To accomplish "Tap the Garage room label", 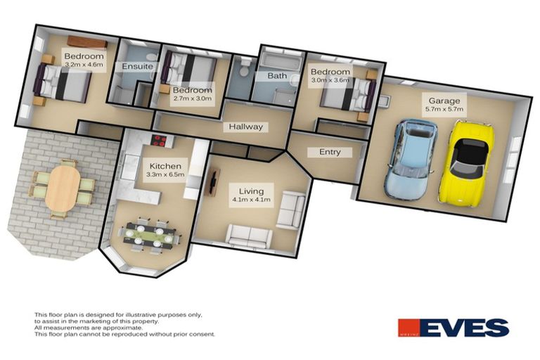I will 444,101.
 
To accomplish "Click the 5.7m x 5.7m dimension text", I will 444,110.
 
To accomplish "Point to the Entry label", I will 330,152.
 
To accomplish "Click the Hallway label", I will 245,127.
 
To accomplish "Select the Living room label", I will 251,191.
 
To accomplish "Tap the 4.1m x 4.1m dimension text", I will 251,200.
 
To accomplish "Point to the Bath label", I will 275,75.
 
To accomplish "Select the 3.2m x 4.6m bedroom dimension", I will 84,65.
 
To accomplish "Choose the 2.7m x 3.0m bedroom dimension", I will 193,99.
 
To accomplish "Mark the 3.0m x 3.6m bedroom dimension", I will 330,80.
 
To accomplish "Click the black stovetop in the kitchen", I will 157,141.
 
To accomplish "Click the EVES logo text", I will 465,328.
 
